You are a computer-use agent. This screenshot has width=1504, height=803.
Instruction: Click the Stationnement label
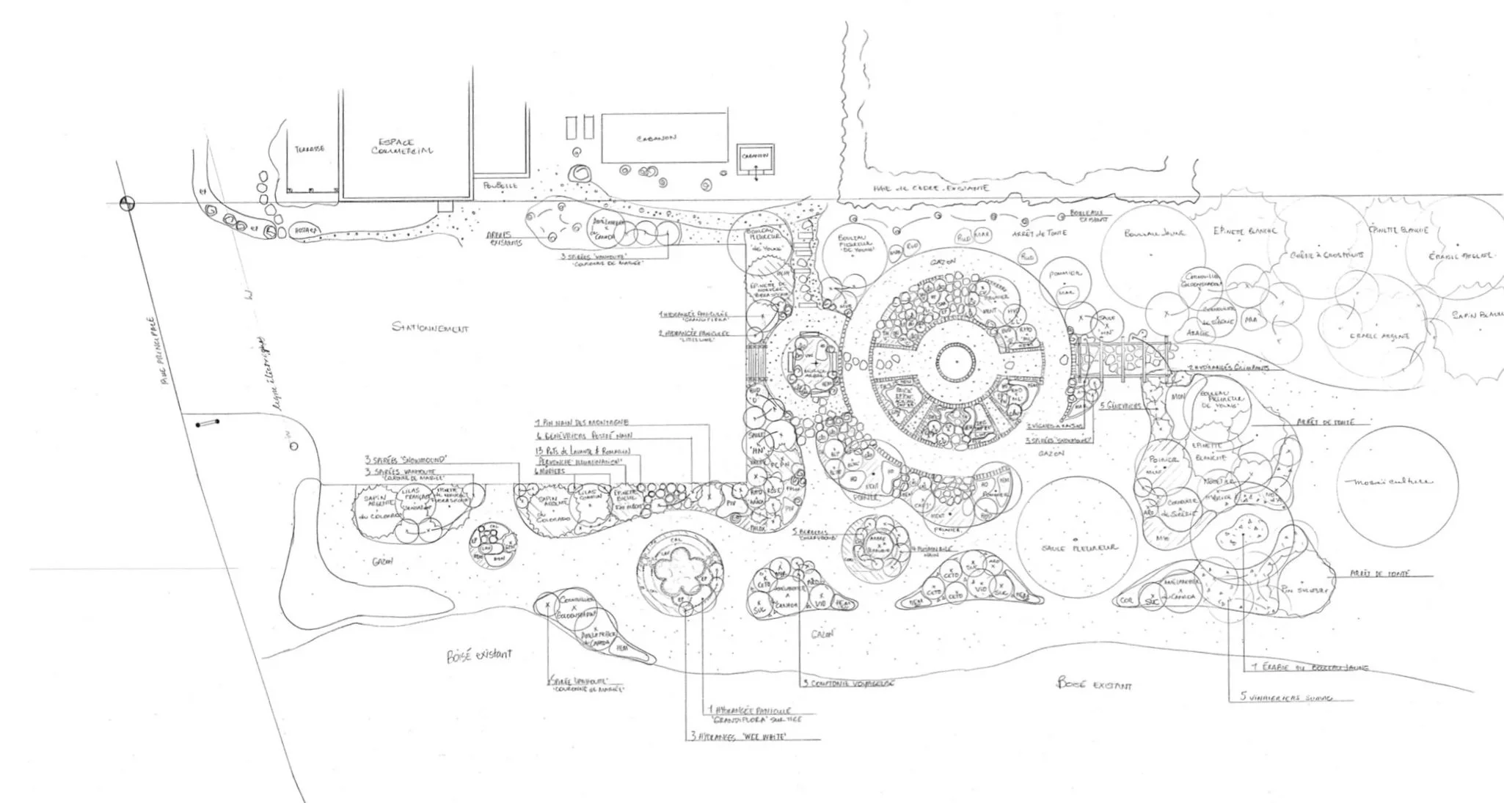coord(430,329)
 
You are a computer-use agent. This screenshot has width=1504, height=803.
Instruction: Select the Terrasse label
coord(309,149)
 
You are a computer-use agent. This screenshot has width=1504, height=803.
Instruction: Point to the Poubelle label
coord(496,186)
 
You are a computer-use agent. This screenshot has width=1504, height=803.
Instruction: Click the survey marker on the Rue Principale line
coord(128,203)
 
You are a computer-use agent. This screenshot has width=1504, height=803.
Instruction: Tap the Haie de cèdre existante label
coord(930,188)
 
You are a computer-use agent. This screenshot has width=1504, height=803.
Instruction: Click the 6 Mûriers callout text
coord(550,472)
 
